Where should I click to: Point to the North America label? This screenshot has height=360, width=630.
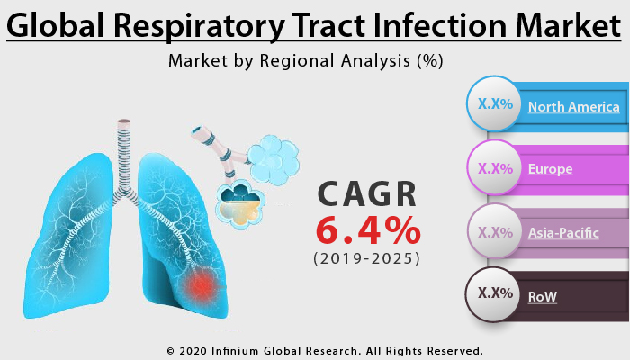[574, 107]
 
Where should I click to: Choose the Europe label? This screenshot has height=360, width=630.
[551, 168]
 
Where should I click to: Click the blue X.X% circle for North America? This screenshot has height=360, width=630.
[495, 104]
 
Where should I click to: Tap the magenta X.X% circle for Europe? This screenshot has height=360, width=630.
[495, 167]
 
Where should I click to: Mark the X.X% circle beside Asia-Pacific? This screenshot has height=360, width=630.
[495, 231]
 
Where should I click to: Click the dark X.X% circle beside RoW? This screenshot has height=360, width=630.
[495, 293]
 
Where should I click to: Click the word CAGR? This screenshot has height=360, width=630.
[367, 194]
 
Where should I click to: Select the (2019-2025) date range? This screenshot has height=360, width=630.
[367, 259]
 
